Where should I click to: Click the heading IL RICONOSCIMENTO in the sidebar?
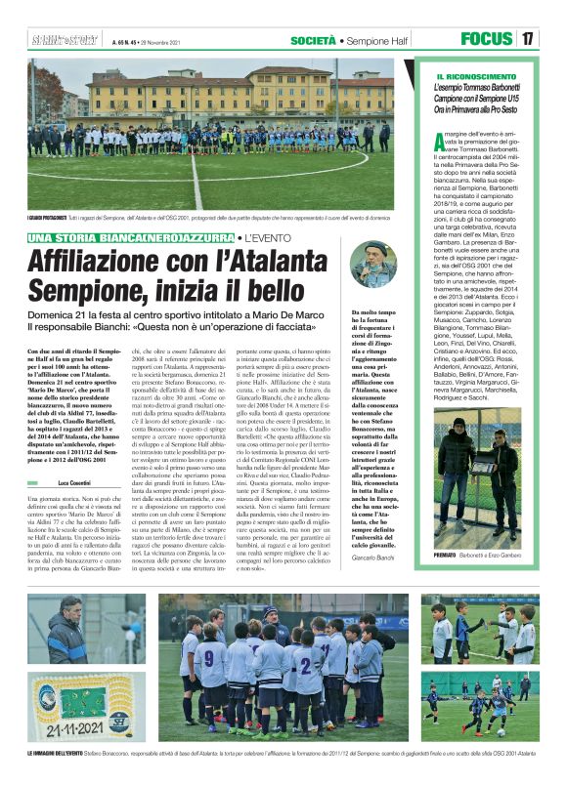coord(474,76)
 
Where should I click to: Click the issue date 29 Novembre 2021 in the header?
coord(167,41)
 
